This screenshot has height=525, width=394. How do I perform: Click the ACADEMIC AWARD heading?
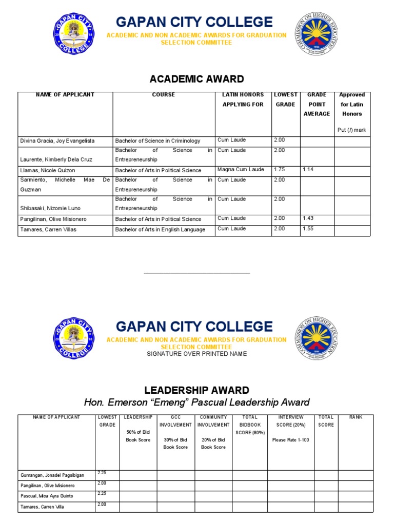click(196, 79)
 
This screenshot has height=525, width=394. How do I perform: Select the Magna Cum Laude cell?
click(240, 170)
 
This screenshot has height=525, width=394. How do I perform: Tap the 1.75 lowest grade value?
click(280, 169)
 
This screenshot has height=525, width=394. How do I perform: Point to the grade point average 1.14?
click(309, 169)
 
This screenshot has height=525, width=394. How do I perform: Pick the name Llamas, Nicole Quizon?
click(47, 170)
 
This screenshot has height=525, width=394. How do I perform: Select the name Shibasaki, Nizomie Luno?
click(50, 209)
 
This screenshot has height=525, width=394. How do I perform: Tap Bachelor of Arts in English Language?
click(160, 230)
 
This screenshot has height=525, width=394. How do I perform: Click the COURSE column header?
click(163, 95)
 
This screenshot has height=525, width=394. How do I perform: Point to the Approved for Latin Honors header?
click(352, 104)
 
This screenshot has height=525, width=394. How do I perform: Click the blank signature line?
click(196, 273)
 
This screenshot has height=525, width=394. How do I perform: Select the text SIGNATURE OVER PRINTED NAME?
click(196, 354)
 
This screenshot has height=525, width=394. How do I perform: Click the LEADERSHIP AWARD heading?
click(196, 391)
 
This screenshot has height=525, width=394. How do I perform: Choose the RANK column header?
click(356, 417)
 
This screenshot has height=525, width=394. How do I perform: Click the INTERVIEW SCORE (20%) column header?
click(290, 421)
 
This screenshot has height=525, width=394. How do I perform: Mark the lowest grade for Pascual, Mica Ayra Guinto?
click(102, 493)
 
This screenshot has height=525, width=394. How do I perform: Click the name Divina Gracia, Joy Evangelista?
click(57, 141)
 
